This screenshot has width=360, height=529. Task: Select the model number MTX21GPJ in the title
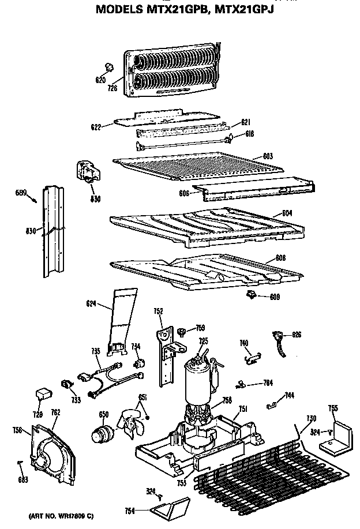[x=244, y=10]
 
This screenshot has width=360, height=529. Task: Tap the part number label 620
[x=100, y=80]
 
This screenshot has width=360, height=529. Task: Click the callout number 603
[x=268, y=156]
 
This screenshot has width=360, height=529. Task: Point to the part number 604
[x=287, y=213]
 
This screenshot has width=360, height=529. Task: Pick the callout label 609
[x=276, y=297]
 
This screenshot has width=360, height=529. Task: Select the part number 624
[x=91, y=303]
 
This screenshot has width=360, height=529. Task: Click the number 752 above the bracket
[x=159, y=312]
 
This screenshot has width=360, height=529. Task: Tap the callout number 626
[x=297, y=335]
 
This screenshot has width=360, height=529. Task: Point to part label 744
[x=289, y=396]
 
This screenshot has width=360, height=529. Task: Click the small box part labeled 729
[x=42, y=393]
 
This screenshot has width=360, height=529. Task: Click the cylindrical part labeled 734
[x=138, y=363]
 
